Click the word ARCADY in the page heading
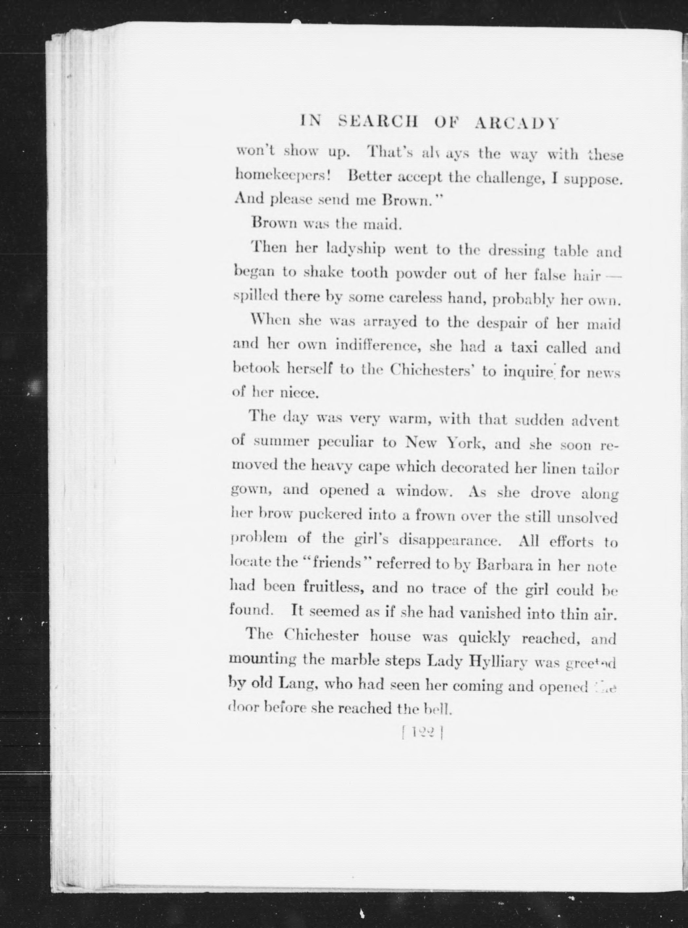point(516,123)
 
